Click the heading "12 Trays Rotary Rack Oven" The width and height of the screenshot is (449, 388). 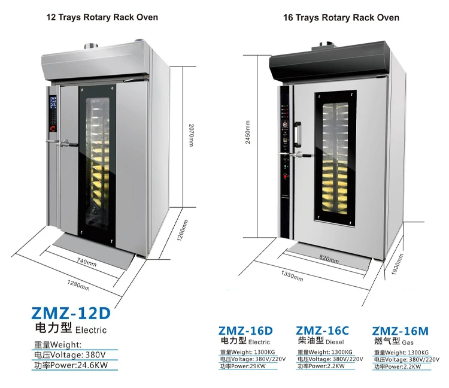102,17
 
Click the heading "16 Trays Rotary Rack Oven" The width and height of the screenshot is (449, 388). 341,17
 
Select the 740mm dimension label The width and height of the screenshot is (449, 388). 86,262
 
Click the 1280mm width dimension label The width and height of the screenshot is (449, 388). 79,285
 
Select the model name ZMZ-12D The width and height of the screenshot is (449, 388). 71,313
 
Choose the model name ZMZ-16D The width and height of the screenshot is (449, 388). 245,330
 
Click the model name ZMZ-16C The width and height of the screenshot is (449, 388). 323,330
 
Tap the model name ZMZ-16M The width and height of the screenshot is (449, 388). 401,330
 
